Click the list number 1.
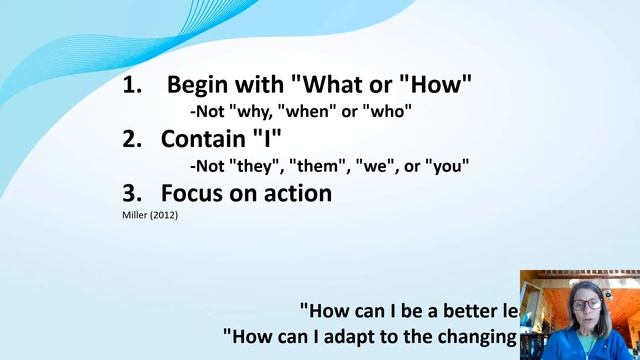130,86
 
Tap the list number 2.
130,140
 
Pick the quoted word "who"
386,112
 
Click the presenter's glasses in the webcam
588,303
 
